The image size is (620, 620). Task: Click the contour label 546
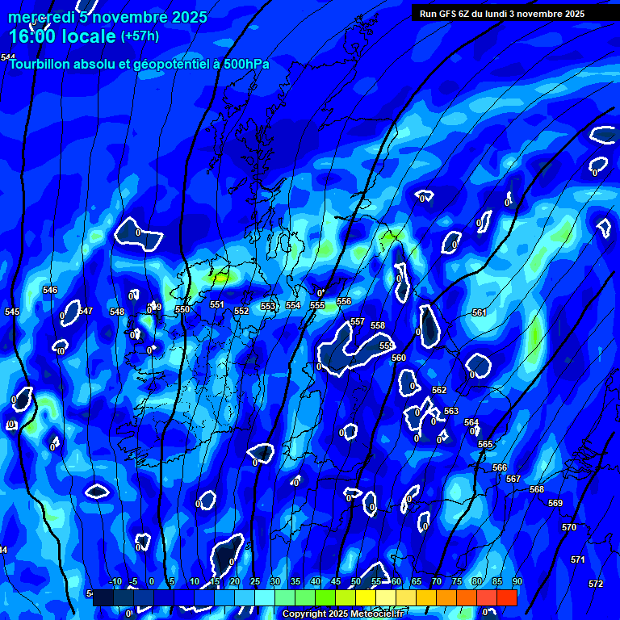50,290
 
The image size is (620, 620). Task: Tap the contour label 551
216,304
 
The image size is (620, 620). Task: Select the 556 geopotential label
344,301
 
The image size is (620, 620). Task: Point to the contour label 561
480,312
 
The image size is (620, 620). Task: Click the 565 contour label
485,445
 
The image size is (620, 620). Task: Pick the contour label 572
596,584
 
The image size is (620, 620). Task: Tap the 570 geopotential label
569,527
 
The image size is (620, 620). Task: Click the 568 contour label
537,489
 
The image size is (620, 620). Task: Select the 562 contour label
439,390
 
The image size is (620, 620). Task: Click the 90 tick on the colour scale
517,581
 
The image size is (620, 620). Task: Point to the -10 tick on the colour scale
115,581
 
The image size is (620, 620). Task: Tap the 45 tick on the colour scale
336,581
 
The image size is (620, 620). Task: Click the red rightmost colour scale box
507,597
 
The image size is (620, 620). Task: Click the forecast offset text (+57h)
140,36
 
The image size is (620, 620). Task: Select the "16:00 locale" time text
62,36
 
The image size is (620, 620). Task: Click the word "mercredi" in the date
42,17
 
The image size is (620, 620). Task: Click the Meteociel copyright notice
342,614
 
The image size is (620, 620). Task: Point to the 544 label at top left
7,57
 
